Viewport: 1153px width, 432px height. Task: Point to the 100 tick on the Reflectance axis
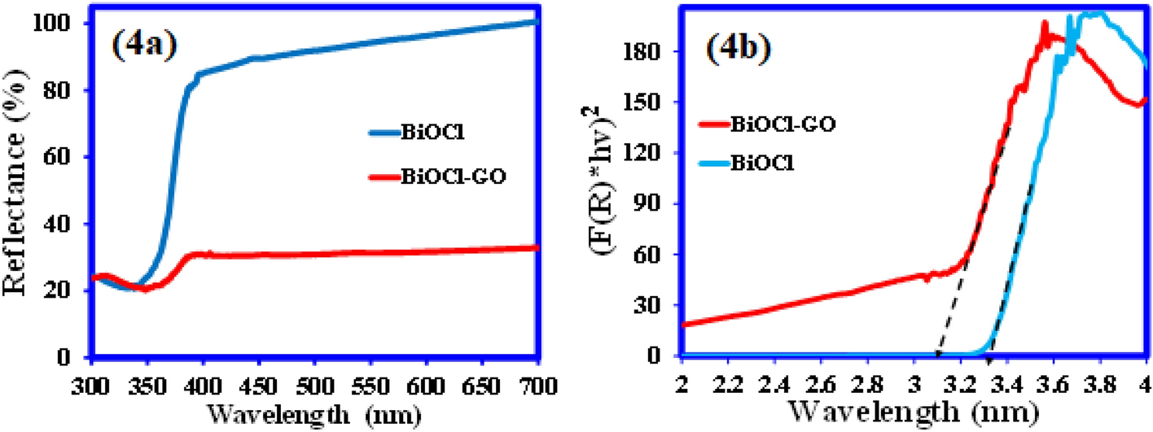click(64, 24)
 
